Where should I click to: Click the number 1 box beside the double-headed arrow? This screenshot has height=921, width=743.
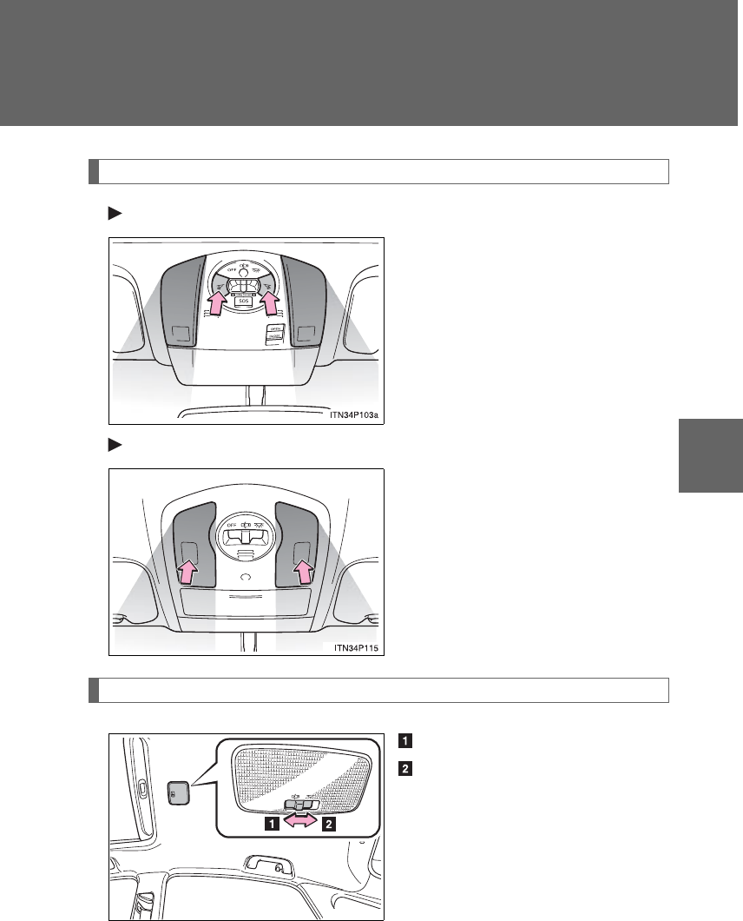click(273, 825)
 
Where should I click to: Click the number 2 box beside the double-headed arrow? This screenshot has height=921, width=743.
click(329, 825)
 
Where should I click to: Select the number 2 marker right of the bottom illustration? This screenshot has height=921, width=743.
click(404, 768)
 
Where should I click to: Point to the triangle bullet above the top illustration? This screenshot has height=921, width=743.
click(112, 211)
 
